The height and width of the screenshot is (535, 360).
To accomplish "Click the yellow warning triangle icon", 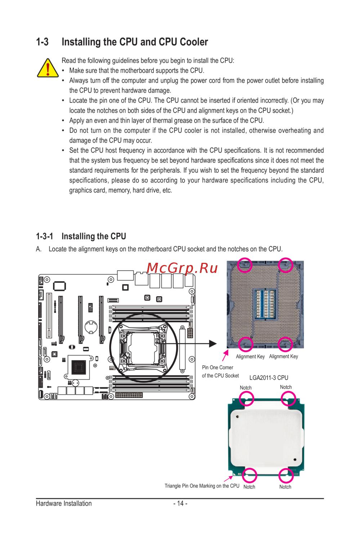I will (48, 68).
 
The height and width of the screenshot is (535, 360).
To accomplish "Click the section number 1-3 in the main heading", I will (42, 42).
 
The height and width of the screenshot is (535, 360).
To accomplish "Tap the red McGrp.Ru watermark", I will (182, 268).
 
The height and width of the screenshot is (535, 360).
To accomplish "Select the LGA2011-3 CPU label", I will (269, 378).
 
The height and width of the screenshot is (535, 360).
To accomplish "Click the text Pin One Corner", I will (217, 367).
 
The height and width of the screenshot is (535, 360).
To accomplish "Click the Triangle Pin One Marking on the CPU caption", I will (202, 486).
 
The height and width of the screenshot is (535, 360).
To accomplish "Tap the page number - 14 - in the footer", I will (180, 503).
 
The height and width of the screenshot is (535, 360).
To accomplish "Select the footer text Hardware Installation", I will (64, 503).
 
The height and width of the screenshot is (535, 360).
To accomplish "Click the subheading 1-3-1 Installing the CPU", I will (81, 236).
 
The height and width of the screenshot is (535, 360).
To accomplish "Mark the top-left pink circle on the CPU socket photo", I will (245, 265).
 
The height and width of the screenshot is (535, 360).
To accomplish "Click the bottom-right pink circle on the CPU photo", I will (286, 476).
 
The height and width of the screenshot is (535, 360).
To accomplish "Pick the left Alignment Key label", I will (250, 356).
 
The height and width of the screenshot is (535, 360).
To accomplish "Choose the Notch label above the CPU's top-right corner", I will (286, 387).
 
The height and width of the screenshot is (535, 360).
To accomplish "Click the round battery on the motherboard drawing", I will (91, 327).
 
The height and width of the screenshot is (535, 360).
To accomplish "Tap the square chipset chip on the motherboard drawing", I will (78, 367).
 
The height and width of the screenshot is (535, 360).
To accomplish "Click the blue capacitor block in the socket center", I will (265, 304).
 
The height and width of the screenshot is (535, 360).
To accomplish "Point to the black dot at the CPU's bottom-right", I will (295, 459).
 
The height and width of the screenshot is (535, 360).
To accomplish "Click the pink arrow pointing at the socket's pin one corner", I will (225, 355).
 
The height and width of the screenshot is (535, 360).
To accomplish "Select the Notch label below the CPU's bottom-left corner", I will (249, 487).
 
